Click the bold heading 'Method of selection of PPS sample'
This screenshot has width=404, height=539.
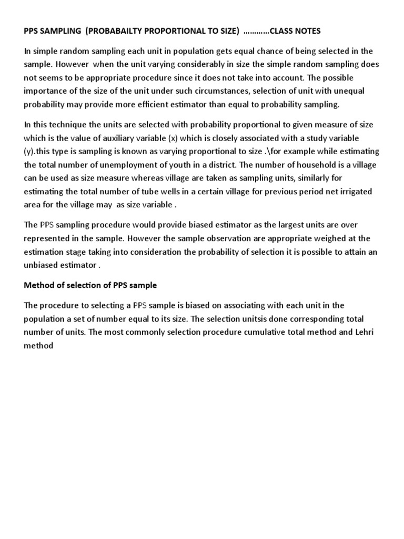pos(90,286)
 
